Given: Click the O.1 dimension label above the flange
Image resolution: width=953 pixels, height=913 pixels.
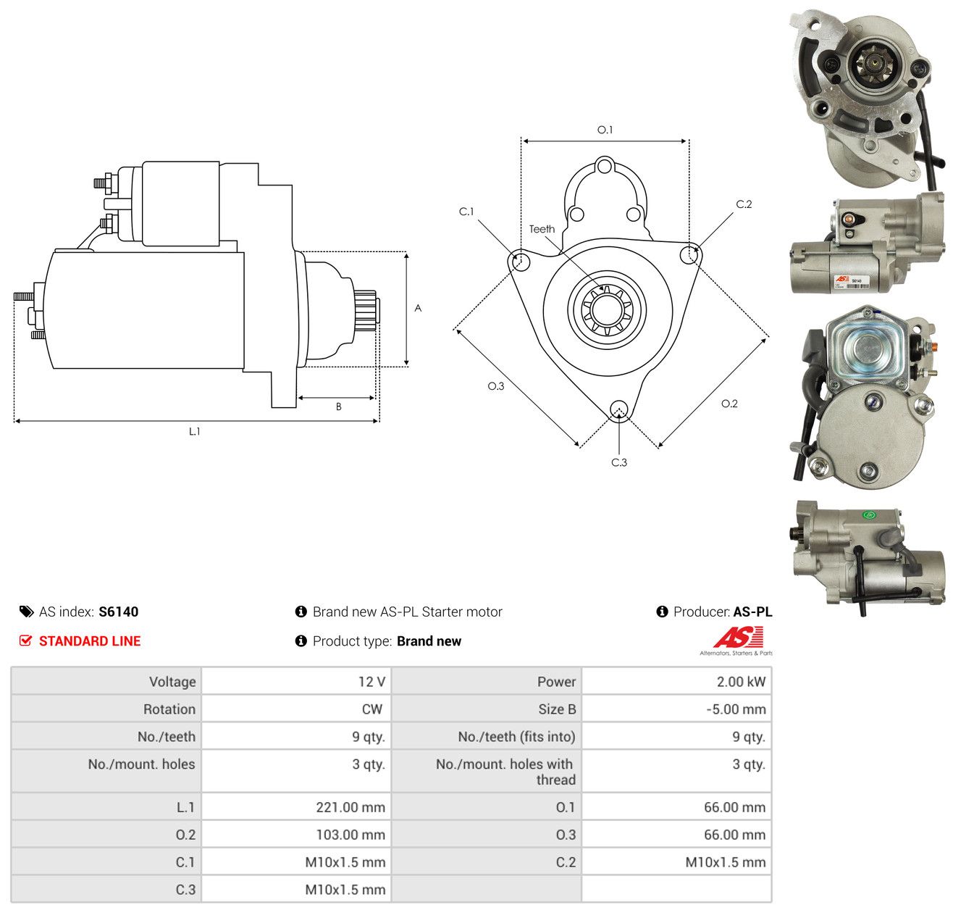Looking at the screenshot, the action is (605, 130).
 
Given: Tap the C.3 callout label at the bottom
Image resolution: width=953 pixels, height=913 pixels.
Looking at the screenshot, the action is (618, 462).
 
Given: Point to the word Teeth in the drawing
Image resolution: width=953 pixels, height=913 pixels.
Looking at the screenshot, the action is (542, 229).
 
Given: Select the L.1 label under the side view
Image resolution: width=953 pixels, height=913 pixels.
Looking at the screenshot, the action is (194, 431).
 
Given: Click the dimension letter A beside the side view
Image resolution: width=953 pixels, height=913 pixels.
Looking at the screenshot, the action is (418, 308).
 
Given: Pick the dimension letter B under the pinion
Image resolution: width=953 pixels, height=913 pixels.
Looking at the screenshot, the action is (338, 407).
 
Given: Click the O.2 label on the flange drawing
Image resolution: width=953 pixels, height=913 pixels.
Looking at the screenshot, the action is (729, 404).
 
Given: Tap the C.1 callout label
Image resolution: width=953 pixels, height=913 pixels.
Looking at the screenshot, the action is (466, 211).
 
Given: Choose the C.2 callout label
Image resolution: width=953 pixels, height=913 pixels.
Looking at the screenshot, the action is (744, 204).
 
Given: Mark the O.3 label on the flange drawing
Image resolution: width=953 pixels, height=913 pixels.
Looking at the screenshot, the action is (495, 386).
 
